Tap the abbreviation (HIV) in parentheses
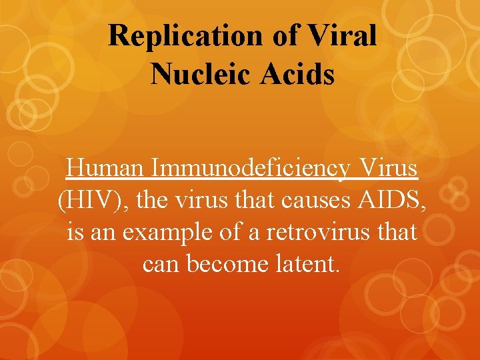coord(85,201)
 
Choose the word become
coord(221,265)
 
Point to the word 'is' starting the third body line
coord(75,233)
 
